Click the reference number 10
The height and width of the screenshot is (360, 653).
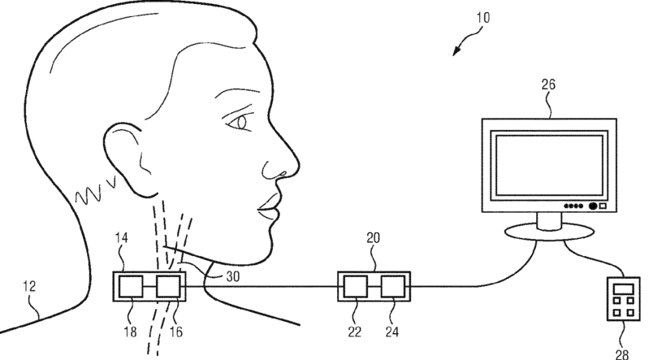coord(483,18)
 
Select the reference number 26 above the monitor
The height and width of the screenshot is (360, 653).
coord(548,85)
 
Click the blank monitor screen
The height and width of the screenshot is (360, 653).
coord(549,165)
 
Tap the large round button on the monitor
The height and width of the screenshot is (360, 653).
coord(593,206)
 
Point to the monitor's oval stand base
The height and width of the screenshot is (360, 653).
coord(549,232)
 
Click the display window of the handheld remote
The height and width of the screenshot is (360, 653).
coord(624,288)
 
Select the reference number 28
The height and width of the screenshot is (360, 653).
coord(622,354)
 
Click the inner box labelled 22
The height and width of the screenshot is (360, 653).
coord(355,287)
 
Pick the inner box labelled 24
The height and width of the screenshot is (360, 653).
coord(392,287)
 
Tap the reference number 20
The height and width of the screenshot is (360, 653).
coord(373,238)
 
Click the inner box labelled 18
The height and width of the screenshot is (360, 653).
coord(131,287)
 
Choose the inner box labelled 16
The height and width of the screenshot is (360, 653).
coord(168,287)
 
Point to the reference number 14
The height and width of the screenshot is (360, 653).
coord(121,238)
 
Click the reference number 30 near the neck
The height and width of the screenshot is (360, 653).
coord(233,276)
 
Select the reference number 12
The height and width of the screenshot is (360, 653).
coord(29,286)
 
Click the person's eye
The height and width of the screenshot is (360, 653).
coord(239,123)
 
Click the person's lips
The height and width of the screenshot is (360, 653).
coord(269,207)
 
